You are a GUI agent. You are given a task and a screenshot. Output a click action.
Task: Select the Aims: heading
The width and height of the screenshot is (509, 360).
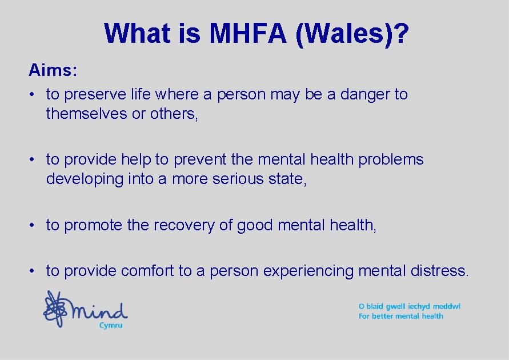(53, 71)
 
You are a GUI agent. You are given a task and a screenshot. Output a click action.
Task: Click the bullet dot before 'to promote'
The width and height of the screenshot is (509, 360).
(35, 226)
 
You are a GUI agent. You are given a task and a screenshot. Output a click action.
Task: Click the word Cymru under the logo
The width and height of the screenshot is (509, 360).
(111, 325)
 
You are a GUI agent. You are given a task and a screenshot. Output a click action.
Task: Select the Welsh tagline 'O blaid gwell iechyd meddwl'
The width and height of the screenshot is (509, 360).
(409, 306)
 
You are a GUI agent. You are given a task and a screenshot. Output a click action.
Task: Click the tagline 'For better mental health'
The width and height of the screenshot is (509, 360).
(401, 316)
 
